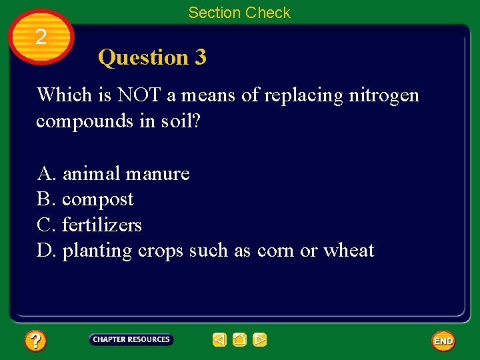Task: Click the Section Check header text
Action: [x=239, y=13]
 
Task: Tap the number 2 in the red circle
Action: [x=41, y=37]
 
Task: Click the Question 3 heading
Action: [x=152, y=57]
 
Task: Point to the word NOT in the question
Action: [x=139, y=95]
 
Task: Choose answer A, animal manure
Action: [x=113, y=174]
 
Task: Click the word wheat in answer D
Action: [x=349, y=251]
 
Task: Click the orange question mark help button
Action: [x=35, y=341]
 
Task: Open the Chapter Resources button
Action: [x=131, y=340]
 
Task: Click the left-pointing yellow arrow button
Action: [x=219, y=340]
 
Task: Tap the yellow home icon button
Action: [x=239, y=340]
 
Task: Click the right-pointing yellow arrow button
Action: [x=260, y=340]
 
